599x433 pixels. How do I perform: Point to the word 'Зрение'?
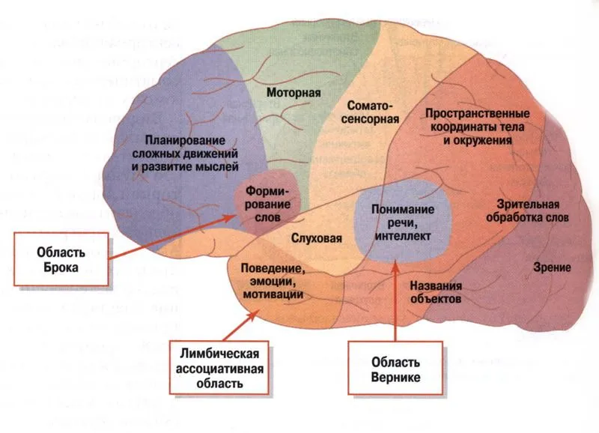point(553,267)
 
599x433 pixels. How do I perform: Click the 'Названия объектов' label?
point(435,292)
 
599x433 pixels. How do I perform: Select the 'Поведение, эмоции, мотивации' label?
point(273,280)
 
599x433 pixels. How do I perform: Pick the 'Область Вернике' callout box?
point(395,367)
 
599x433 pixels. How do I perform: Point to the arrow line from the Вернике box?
point(395,300)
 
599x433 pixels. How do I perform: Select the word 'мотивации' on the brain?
point(273,295)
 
